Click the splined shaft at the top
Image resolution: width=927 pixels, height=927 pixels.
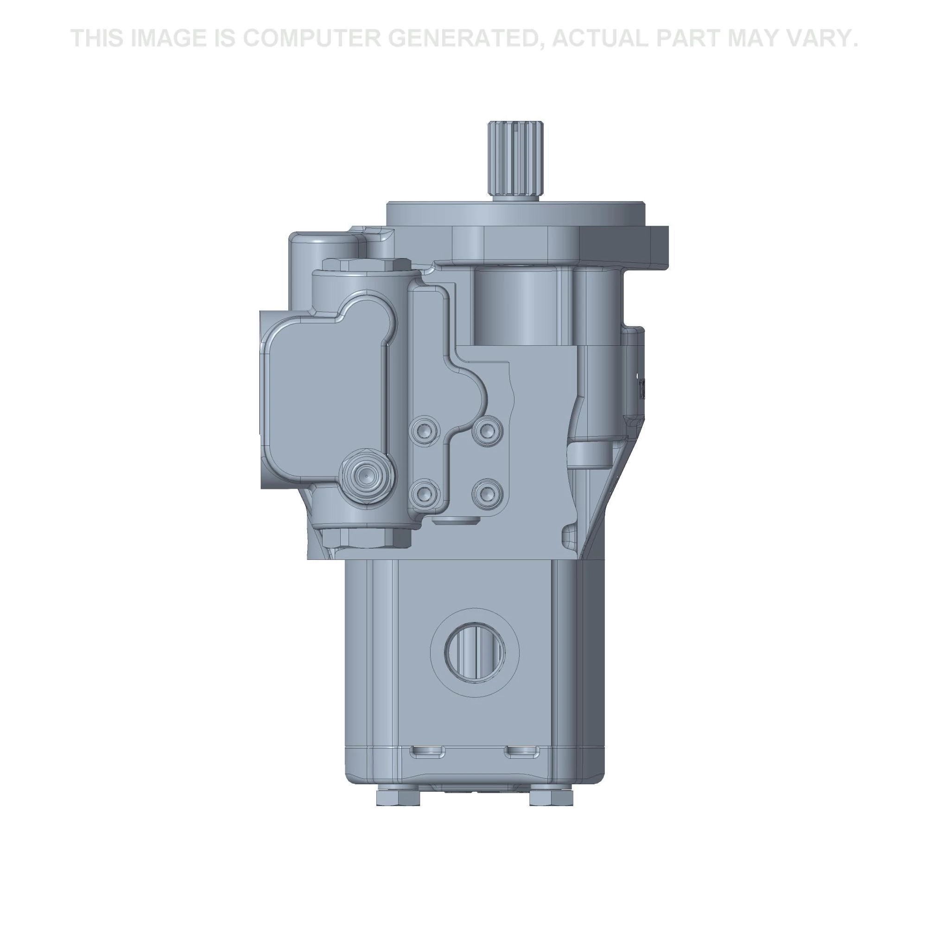tap(516, 159)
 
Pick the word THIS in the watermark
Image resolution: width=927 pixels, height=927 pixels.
tap(98, 38)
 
